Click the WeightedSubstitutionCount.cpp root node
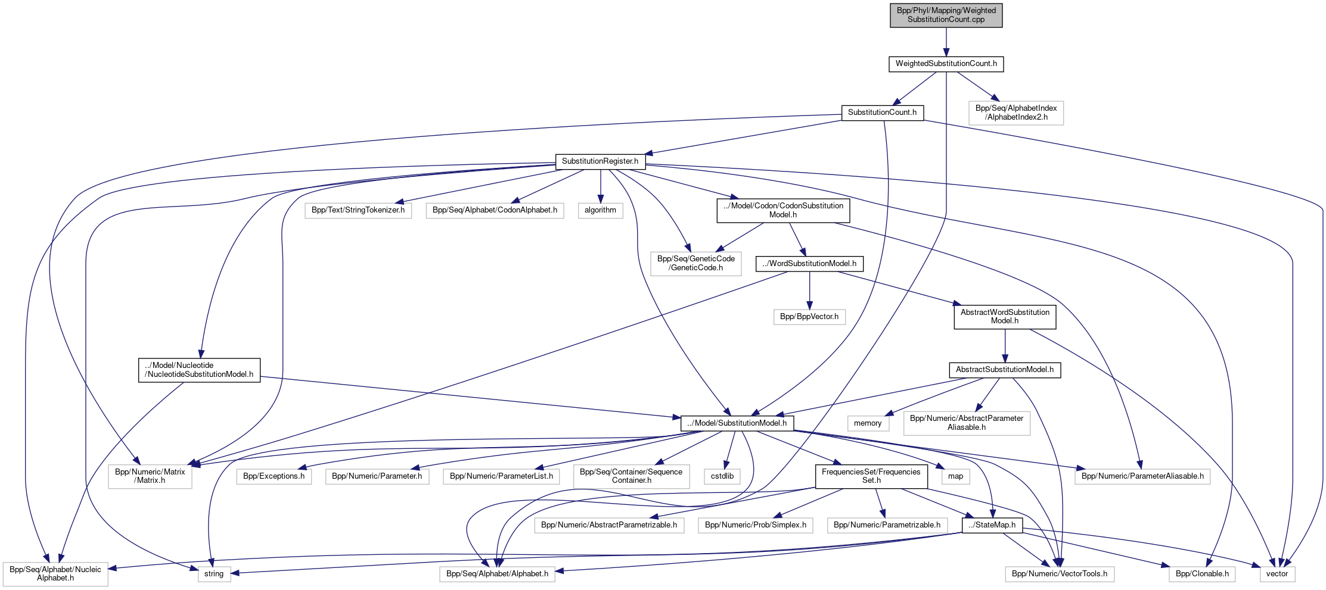pos(946,15)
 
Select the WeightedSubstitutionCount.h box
pos(946,64)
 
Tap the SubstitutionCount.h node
pos(882,113)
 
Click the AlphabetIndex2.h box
pos(1016,113)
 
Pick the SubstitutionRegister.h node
pos(600,161)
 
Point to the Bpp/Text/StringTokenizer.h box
pos(358,210)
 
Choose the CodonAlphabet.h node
pos(495,210)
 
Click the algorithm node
pos(600,210)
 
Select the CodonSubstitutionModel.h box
pos(782,210)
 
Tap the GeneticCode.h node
pos(695,263)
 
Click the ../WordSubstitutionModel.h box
pos(809,264)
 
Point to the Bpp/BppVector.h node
pos(809,317)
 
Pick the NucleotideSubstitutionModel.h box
pos(199,370)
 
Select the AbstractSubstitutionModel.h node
pos(1004,370)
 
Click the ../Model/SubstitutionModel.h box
pos(737,423)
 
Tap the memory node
pos(868,423)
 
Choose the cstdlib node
pos(722,476)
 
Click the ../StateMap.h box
pos(992,525)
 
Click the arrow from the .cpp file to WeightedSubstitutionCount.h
pos(946,42)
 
